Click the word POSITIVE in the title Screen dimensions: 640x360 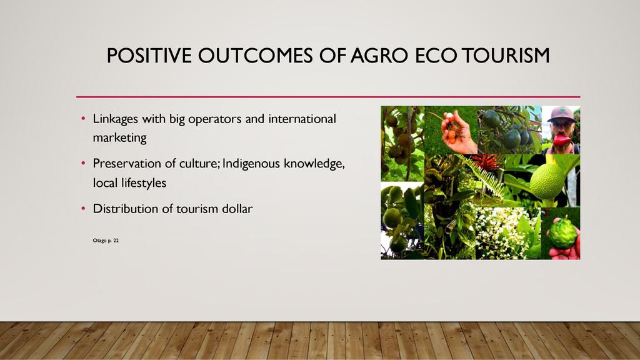click(x=149, y=56)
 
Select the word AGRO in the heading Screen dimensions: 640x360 click(x=379, y=56)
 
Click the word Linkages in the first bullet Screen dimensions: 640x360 click(x=116, y=119)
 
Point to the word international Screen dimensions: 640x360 click(x=302, y=119)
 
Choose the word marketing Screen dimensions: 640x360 click(x=119, y=138)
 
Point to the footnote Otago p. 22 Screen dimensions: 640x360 click(x=106, y=241)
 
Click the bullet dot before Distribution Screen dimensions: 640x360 click(x=83, y=209)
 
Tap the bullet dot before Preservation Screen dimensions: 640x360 click(x=83, y=164)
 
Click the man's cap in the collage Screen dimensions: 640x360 click(x=561, y=114)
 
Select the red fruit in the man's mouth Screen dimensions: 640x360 click(x=562, y=140)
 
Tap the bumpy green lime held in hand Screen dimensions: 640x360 click(x=562, y=234)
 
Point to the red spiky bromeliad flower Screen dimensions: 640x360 click(x=486, y=162)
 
